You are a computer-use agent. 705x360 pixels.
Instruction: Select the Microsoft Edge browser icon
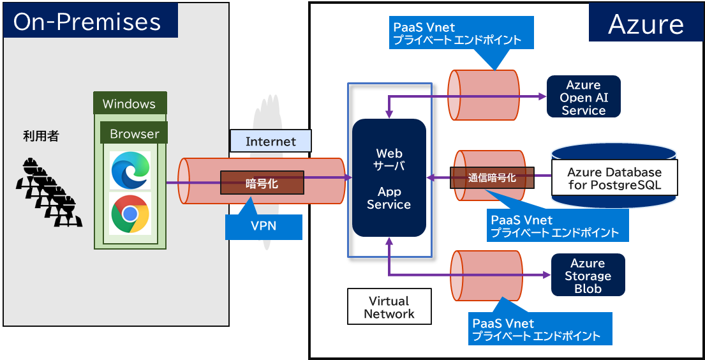point(130,170)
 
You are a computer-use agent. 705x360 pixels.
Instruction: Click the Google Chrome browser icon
point(130,213)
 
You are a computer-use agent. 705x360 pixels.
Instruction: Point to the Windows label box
point(130,103)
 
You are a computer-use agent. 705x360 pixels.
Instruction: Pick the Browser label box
point(134,133)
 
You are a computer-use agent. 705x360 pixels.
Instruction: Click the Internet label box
point(271,141)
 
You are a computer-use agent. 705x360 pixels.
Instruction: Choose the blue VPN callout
point(263,225)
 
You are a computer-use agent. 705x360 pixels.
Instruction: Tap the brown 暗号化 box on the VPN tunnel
point(262,183)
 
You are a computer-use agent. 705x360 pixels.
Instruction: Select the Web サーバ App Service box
point(389,178)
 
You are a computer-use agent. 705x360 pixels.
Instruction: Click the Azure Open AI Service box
point(583,97)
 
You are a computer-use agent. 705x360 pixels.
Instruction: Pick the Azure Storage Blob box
point(588,276)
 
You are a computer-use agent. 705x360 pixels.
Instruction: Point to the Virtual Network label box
point(389,306)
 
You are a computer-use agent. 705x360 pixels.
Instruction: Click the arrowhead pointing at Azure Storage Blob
point(547,275)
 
